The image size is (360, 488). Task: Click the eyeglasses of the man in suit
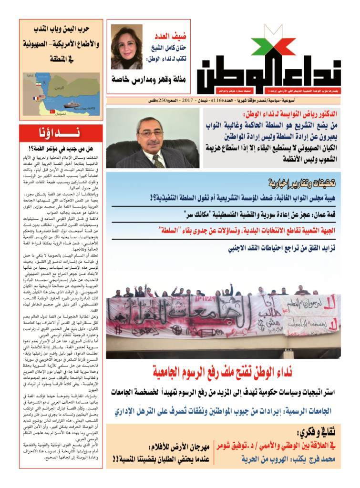151,134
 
